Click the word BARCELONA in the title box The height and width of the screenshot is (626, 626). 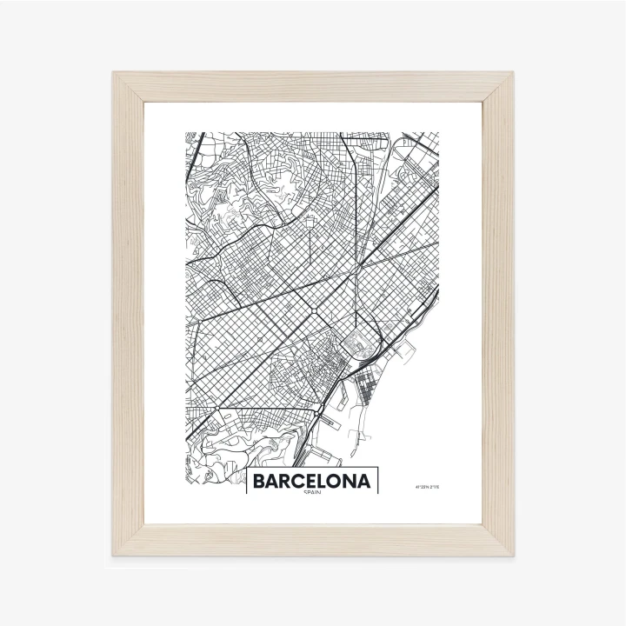(x=313, y=481)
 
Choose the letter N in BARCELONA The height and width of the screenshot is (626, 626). (x=351, y=481)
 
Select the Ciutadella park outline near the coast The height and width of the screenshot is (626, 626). (x=357, y=338)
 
